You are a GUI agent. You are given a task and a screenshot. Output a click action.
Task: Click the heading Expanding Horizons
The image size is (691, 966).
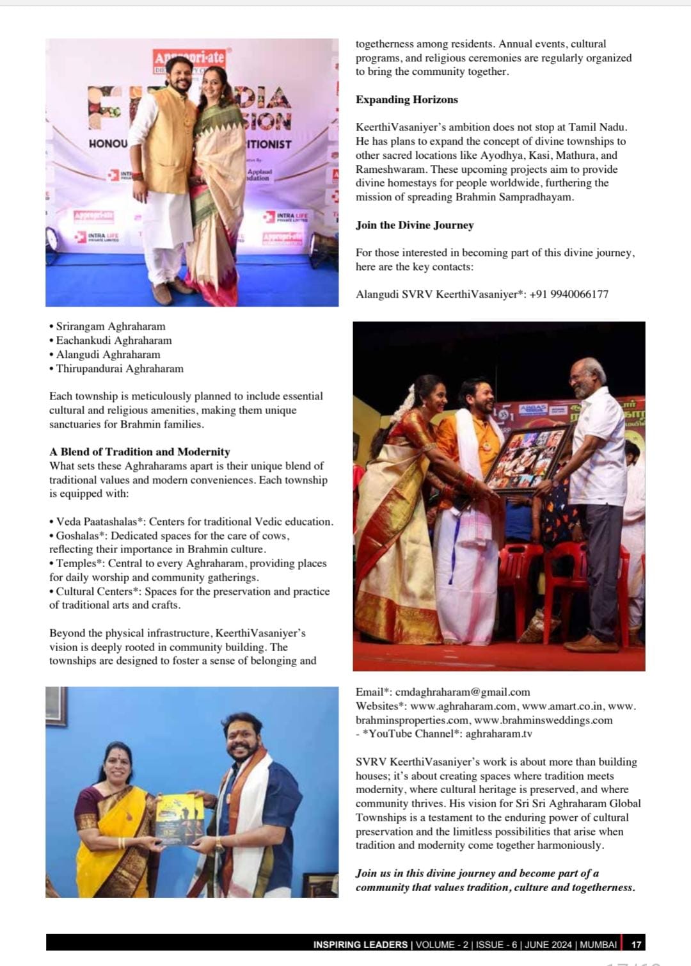pos(407,100)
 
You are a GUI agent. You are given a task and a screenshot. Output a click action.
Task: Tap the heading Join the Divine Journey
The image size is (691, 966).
pos(415,225)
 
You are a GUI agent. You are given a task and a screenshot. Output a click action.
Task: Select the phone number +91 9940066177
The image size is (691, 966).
pos(569,294)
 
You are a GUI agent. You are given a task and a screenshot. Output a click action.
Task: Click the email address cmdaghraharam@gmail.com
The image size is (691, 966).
pos(463,692)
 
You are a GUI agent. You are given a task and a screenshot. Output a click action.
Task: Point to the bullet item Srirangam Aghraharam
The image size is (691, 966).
pos(110,326)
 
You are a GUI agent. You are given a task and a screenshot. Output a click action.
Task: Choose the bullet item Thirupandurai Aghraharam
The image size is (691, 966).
pos(119,369)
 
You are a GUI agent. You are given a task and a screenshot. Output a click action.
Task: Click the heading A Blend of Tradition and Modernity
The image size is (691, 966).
pos(139,452)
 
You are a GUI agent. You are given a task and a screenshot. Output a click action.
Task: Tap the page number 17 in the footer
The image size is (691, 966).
pos(636,944)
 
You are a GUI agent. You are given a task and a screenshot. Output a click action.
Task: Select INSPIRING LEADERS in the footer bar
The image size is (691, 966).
pos(360,944)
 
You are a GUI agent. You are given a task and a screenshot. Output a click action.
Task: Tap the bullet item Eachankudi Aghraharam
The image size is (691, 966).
pos(113,341)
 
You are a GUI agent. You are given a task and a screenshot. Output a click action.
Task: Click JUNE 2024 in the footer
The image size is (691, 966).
pos(549,944)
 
